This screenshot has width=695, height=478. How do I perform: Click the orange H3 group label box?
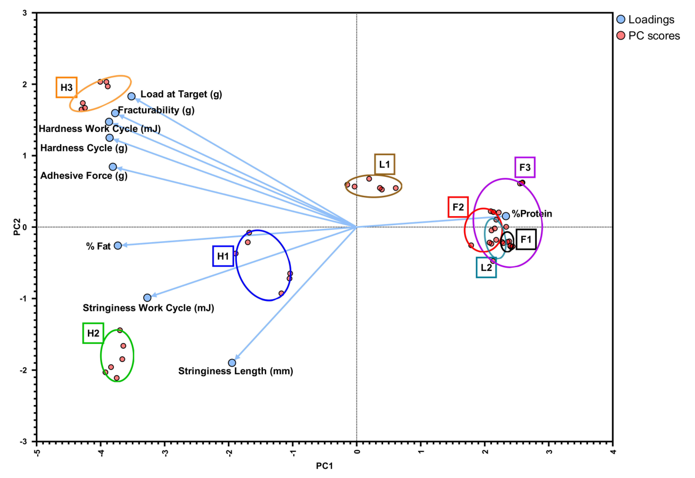tap(67, 87)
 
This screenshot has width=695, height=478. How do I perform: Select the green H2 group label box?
tap(93, 333)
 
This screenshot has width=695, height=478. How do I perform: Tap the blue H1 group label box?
tap(223, 256)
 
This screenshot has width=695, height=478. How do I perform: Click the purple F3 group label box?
tap(525, 167)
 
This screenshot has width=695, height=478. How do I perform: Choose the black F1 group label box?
tap(526, 239)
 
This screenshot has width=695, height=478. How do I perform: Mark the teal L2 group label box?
tap(486, 267)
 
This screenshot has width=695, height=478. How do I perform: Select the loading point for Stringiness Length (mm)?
tap(232, 363)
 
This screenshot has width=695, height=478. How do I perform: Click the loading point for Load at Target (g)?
tap(131, 96)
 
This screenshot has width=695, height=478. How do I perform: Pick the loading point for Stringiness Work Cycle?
tap(147, 298)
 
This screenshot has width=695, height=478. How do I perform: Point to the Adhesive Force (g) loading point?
tap(113, 167)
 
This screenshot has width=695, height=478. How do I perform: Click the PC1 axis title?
tap(324, 466)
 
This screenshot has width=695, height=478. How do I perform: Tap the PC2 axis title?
tap(17, 227)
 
